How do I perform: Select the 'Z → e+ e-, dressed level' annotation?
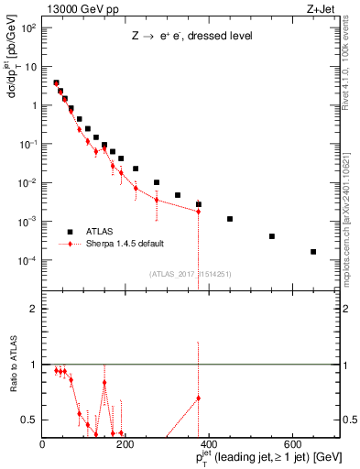click(191, 36)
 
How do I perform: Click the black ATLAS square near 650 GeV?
click(313, 252)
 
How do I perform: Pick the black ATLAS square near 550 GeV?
click(272, 236)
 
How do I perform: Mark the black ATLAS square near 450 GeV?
click(230, 219)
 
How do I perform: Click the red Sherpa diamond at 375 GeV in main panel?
click(199, 211)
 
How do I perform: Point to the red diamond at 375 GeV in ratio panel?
click(199, 398)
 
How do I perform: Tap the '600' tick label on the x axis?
click(293, 444)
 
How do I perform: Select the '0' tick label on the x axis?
click(42, 444)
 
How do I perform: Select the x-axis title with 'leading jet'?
click(256, 457)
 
